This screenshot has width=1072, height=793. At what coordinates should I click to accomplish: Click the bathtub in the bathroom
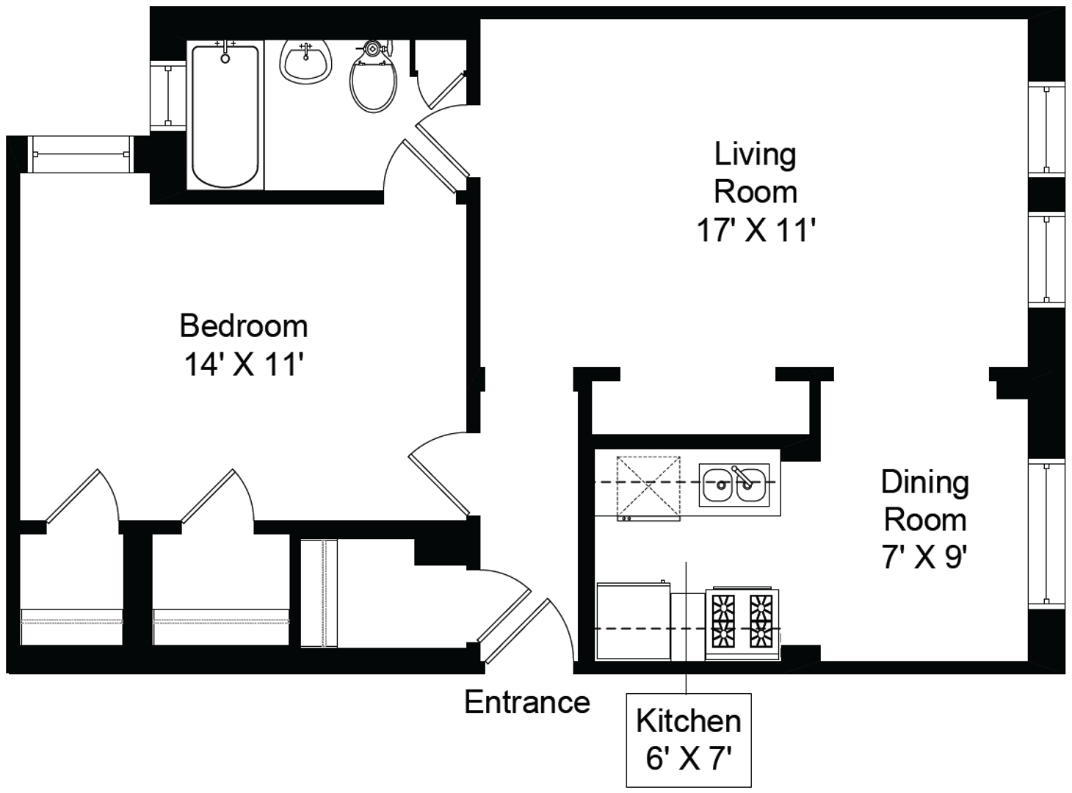coord(225,116)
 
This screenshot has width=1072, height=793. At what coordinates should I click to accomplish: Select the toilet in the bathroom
coord(373,77)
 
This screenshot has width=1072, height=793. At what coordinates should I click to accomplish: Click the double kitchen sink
coord(734,485)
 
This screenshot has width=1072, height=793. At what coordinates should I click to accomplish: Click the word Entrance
coord(527,702)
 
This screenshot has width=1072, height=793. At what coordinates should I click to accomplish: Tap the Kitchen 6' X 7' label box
coord(689,740)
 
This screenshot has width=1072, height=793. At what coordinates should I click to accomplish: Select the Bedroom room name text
coord(244,326)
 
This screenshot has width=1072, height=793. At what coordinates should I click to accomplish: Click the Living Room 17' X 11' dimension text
coord(756,230)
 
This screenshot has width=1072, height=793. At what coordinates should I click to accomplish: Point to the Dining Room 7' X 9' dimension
coord(925,557)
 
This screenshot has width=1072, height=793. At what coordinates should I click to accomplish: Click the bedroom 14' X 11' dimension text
coord(244,364)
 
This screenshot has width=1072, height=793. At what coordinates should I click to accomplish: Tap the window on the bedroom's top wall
coord(80,154)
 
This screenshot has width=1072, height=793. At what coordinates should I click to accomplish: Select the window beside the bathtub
coord(167,95)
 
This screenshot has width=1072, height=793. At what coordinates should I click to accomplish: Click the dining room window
coord(1046,533)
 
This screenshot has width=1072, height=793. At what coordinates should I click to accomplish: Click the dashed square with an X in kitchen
coord(648,488)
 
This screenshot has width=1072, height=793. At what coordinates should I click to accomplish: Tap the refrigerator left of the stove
coord(634,621)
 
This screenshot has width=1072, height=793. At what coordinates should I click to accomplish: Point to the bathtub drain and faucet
coord(225,51)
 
